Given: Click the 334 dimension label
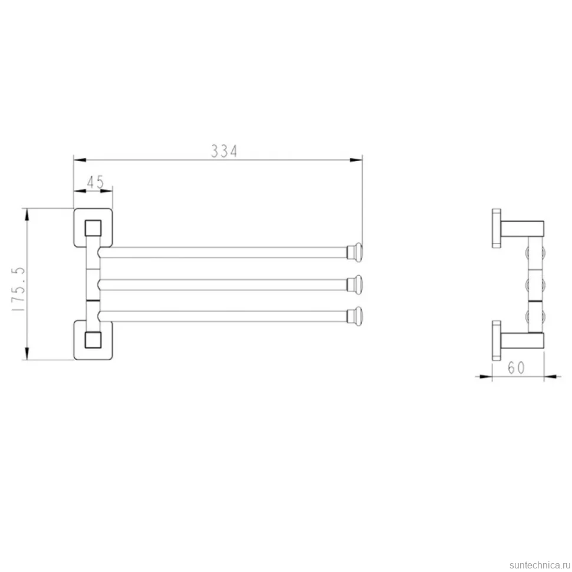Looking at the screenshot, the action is pyautogui.click(x=224, y=151).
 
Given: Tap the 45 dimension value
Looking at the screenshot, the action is pyautogui.click(x=96, y=182).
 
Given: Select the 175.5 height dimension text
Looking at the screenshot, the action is pyautogui.click(x=18, y=288).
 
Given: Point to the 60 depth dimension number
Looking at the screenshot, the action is pyautogui.click(x=516, y=368).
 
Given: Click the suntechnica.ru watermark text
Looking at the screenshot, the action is pyautogui.click(x=540, y=565).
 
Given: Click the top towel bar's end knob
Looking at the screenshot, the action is pyautogui.click(x=354, y=252).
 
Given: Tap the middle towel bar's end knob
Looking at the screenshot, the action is pyautogui.click(x=354, y=285).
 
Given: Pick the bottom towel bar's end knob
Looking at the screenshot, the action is pyautogui.click(x=354, y=316).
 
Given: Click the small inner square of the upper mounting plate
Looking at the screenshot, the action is pyautogui.click(x=93, y=229).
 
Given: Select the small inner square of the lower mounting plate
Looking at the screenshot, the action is pyautogui.click(x=93, y=340).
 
